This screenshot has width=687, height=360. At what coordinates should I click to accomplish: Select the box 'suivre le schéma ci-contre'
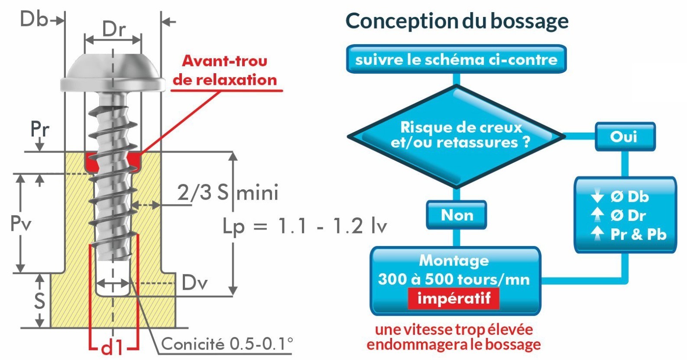[x=457, y=59]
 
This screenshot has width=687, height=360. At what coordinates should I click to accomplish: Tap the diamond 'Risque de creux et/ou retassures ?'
[x=457, y=136]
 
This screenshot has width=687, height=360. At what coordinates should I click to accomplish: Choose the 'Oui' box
[x=625, y=137]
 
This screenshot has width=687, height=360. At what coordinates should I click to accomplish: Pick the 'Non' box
[x=457, y=215]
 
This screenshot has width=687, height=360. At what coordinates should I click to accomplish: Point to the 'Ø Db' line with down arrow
[x=619, y=196]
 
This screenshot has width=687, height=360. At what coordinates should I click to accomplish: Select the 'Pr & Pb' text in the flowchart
[x=638, y=234]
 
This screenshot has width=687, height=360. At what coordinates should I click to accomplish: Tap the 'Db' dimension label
[x=34, y=19]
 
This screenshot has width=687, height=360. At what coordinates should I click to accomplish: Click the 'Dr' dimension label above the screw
[x=114, y=29]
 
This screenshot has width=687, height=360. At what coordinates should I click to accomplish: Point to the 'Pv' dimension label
[x=21, y=223]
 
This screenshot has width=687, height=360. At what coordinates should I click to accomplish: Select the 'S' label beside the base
[x=39, y=301]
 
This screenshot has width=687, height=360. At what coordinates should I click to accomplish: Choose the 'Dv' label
[x=194, y=282]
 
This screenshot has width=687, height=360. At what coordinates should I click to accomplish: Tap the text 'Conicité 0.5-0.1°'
[x=227, y=344]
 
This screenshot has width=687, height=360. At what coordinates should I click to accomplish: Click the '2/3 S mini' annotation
[x=228, y=193]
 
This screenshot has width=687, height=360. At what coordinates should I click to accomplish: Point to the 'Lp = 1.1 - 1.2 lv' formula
[x=305, y=226]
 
